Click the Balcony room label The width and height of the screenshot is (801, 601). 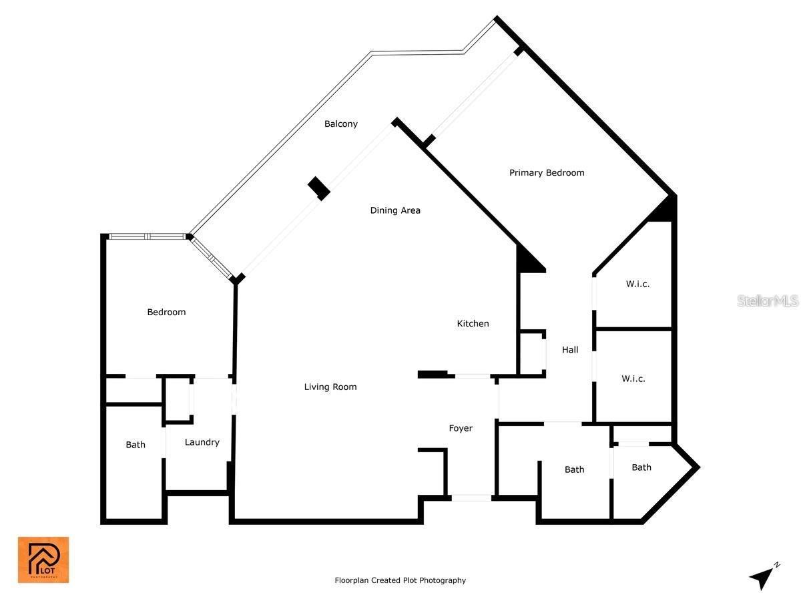pos(341,124)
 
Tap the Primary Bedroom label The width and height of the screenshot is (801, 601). pos(547,172)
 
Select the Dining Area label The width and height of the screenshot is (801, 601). pos(395,210)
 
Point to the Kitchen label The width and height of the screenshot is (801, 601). pos(473,323)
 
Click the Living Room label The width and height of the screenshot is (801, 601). pos(330,387)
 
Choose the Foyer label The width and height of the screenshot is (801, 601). pos(461,428)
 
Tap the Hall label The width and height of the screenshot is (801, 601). pos(570,349)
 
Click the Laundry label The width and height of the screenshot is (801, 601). pos(202,442)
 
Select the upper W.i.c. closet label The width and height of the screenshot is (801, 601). pos(637,284)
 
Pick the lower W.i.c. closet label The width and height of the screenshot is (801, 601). pos(633,379)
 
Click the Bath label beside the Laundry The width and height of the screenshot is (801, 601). pos(136,445)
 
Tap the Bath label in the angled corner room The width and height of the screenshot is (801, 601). pos(641,467)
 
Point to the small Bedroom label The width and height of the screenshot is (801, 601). pos(166,312)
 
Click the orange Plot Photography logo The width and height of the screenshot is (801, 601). pos(43,560)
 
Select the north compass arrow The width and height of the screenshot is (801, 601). pos(763,576)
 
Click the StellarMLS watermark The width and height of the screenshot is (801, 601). pos(768,301)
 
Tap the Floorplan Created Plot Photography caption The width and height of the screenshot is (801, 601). pos(400,580)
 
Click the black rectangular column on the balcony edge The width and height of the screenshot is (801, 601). pos(319,188)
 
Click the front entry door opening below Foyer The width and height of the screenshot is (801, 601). pos(471,497)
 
